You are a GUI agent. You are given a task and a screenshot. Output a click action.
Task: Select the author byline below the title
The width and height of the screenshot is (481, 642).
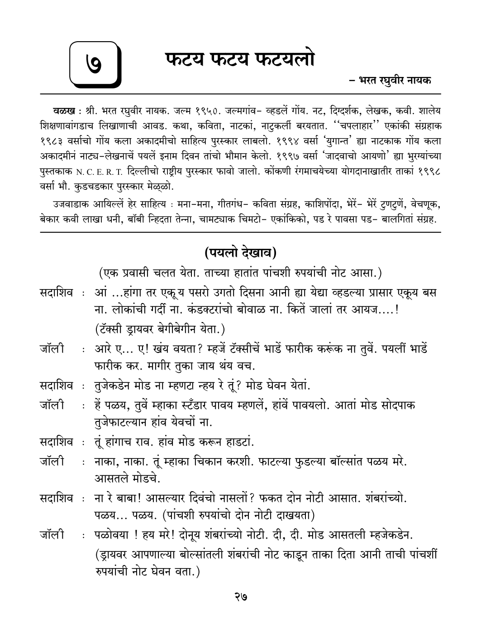390,81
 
